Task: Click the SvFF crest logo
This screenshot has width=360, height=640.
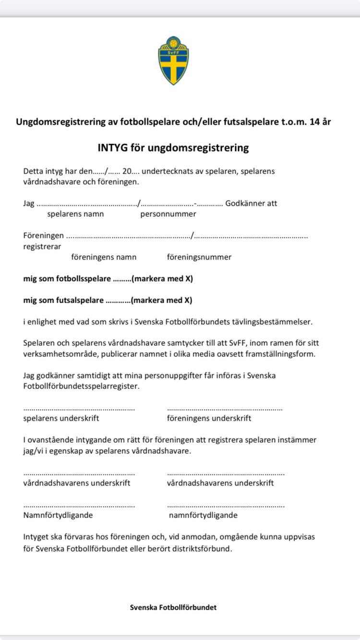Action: click(x=173, y=61)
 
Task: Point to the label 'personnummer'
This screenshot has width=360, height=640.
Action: click(x=168, y=213)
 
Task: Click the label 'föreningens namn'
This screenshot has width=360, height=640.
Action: click(x=104, y=257)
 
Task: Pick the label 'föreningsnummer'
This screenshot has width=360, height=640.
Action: click(x=199, y=257)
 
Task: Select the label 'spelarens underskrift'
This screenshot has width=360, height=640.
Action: click(x=61, y=418)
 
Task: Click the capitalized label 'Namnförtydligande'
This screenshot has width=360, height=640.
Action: click(x=58, y=515)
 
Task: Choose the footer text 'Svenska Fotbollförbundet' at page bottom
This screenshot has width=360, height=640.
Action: click(x=173, y=607)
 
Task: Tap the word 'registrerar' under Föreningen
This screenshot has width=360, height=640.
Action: click(x=42, y=247)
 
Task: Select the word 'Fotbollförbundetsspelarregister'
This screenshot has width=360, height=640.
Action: click(x=81, y=386)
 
